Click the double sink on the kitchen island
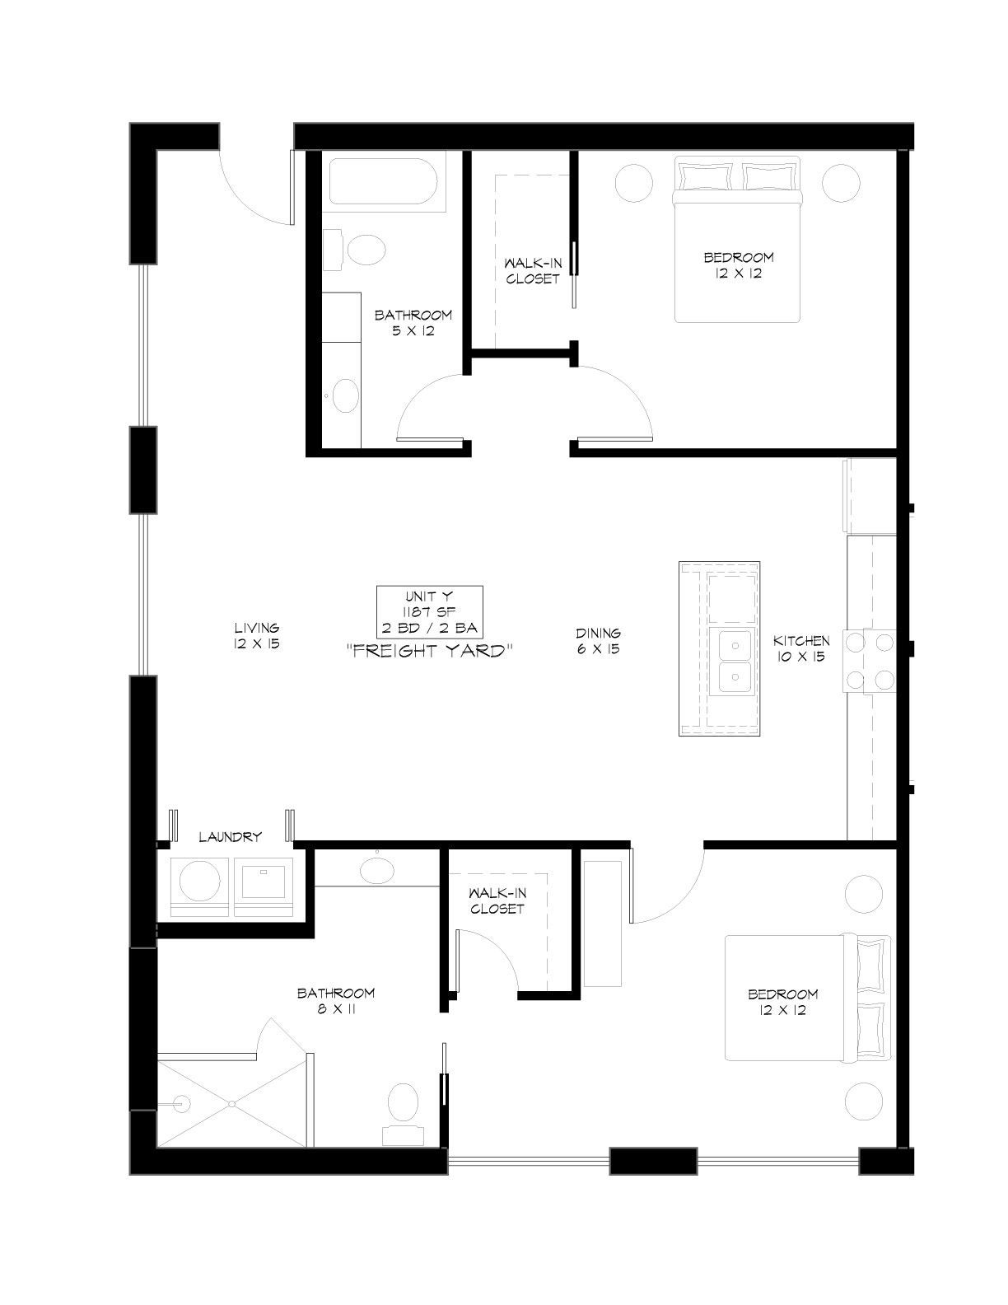735,661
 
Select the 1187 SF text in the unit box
429,612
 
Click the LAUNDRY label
231,836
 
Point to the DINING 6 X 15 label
598,641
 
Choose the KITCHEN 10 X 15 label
800,648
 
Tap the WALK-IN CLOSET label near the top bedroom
533,271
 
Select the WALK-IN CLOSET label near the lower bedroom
497,901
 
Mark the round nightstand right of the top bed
841,182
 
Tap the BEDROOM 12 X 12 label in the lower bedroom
783,1002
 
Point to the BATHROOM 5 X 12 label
413,322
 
